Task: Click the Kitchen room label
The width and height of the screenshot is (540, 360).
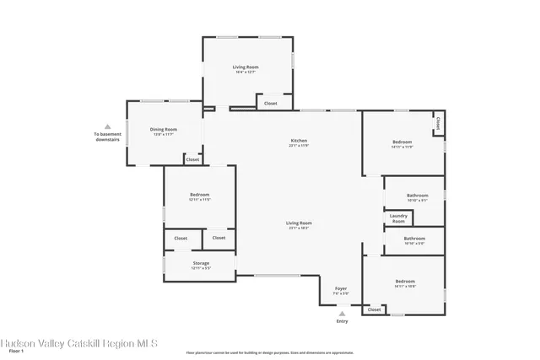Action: point(299,141)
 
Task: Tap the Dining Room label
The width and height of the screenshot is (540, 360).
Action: point(164,130)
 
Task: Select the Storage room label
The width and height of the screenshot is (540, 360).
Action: point(200,263)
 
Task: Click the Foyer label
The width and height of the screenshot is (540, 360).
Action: point(341,289)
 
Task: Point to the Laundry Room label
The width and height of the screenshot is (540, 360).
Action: point(398,218)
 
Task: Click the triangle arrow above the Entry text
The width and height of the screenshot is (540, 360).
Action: point(342,313)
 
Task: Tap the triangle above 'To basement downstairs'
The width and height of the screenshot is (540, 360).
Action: point(107,126)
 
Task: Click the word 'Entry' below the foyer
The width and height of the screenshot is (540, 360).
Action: point(342,321)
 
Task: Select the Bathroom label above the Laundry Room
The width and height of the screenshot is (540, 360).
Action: point(417,196)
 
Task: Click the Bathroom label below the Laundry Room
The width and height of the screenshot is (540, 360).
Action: point(414,239)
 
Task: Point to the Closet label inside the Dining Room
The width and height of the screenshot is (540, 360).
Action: point(192,159)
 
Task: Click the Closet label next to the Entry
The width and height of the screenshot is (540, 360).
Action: point(374,309)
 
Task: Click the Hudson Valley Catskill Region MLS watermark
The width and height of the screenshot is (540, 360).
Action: point(78,342)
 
